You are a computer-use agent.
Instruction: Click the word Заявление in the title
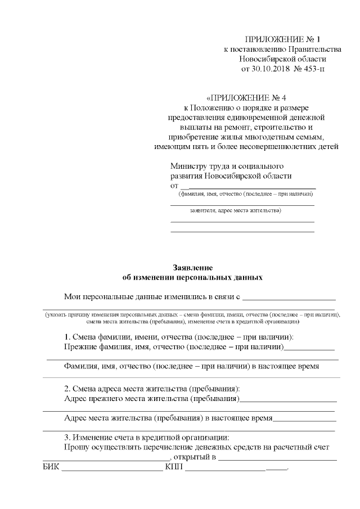(192, 268)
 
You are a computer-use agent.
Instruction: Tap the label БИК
(51, 467)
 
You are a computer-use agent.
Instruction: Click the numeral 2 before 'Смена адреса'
(66, 389)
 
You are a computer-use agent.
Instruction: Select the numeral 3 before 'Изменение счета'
(66, 437)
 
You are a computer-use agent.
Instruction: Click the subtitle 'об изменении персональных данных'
(192, 277)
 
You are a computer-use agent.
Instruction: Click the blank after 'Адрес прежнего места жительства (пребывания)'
(288, 402)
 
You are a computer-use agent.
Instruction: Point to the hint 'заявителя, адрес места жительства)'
(235, 211)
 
